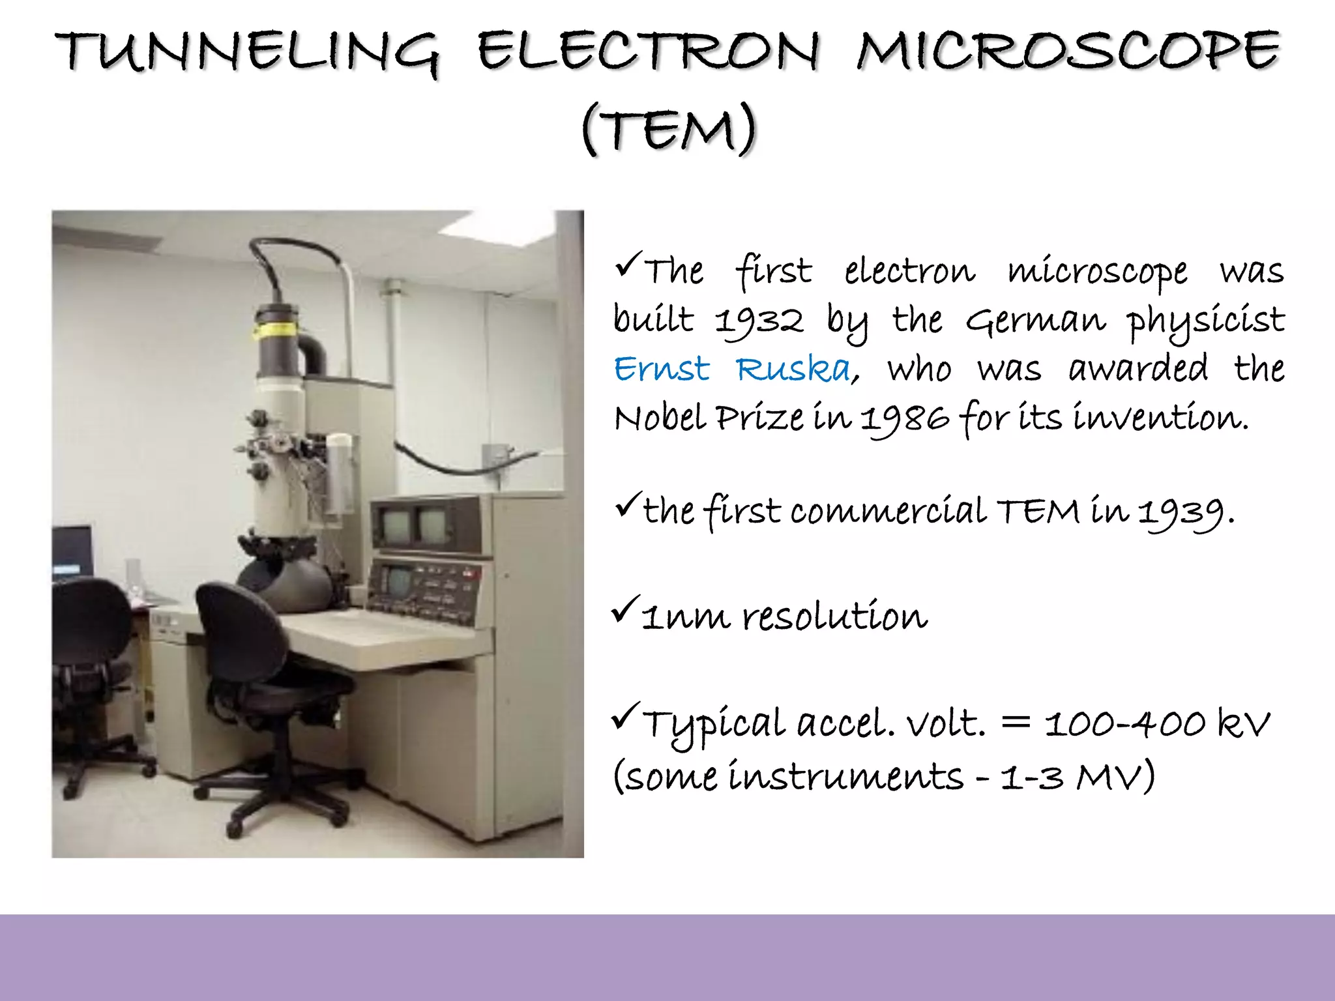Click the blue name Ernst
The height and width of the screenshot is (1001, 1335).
point(661,370)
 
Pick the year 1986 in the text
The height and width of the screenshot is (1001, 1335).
point(904,419)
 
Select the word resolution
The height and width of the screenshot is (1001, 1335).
point(834,616)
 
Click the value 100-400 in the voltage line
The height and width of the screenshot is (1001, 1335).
point(1124,723)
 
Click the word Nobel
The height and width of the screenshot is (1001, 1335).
point(660,419)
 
